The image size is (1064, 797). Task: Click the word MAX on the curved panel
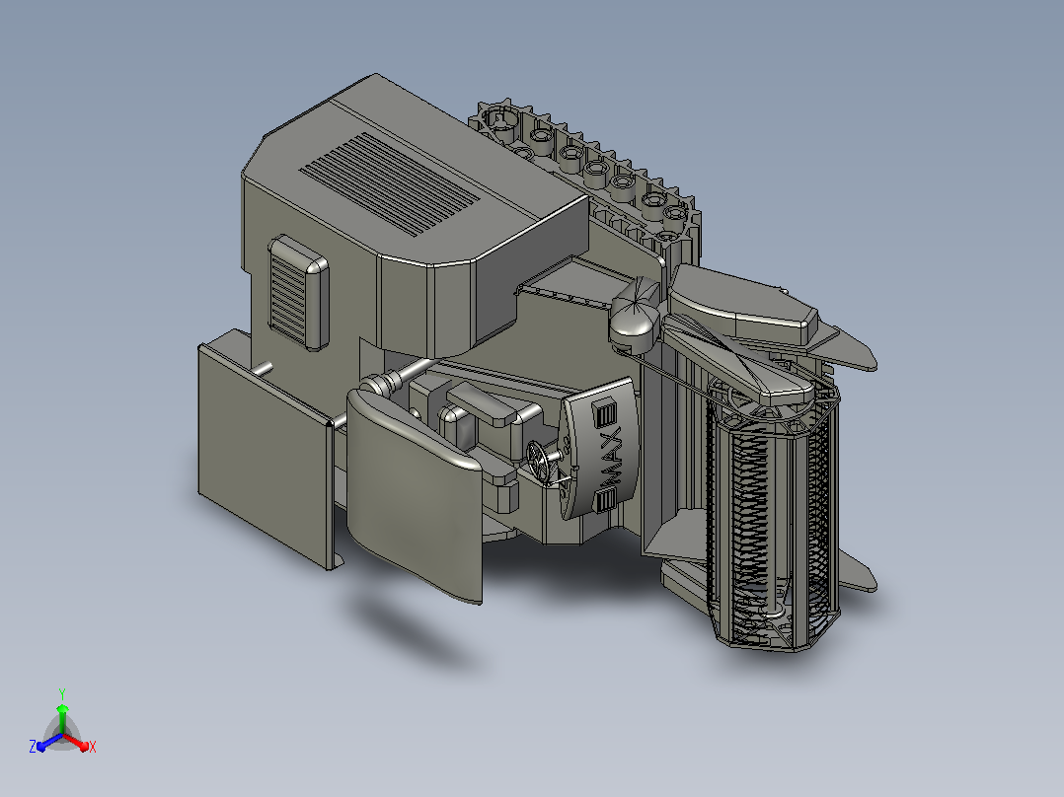(x=611, y=457)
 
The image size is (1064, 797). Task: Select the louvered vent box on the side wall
(x=298, y=293)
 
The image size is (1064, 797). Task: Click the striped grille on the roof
(x=390, y=183)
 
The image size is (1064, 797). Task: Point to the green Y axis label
(x=62, y=694)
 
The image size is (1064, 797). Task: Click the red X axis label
(x=93, y=747)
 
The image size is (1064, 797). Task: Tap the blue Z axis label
(x=33, y=746)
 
